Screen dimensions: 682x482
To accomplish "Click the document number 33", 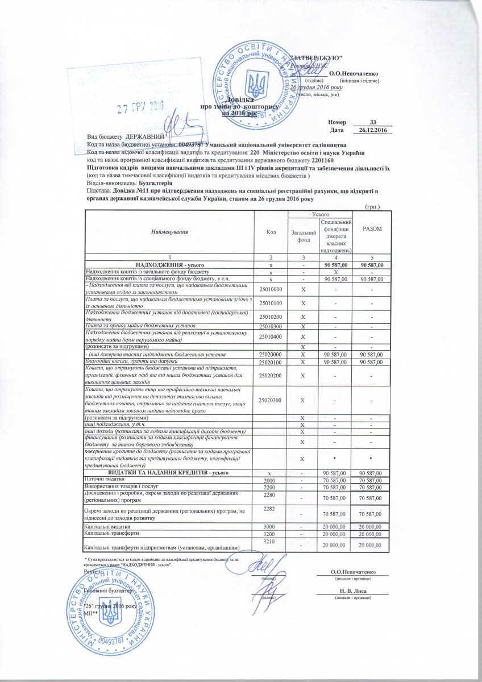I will tap(373, 122).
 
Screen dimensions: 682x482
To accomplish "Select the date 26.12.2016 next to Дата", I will tap(373, 131).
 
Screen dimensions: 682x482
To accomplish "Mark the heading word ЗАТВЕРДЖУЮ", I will tap(315, 59).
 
